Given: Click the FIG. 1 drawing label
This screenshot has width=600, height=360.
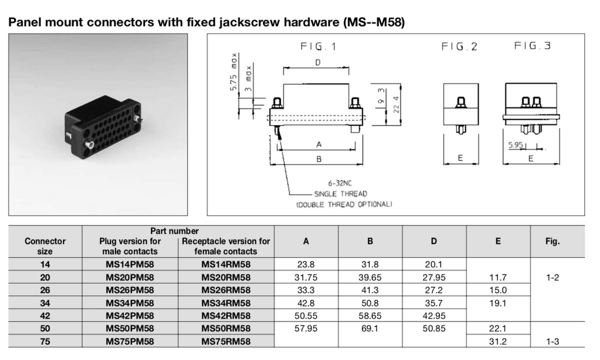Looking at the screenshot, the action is [318, 46].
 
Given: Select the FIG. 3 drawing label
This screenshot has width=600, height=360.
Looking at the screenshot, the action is [532, 45].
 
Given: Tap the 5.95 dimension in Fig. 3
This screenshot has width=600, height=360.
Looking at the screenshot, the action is [515, 145].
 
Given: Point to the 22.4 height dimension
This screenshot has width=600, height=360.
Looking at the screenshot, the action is [396, 104].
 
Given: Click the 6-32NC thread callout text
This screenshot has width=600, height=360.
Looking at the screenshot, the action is [340, 183].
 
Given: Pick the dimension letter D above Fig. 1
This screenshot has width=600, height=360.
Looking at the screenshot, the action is [317, 62].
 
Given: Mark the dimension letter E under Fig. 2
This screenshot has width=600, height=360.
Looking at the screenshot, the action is [460, 158].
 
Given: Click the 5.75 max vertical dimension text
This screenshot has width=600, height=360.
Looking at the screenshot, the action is [233, 72].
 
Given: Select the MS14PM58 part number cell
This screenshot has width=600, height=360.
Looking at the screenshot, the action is [130, 264].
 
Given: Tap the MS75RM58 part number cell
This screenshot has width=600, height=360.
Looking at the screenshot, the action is [226, 341].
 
